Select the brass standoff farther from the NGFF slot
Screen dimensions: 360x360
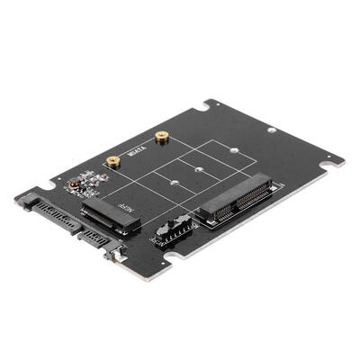[162, 138]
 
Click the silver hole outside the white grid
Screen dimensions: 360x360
[272, 130]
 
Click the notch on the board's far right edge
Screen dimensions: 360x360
[331, 165]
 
